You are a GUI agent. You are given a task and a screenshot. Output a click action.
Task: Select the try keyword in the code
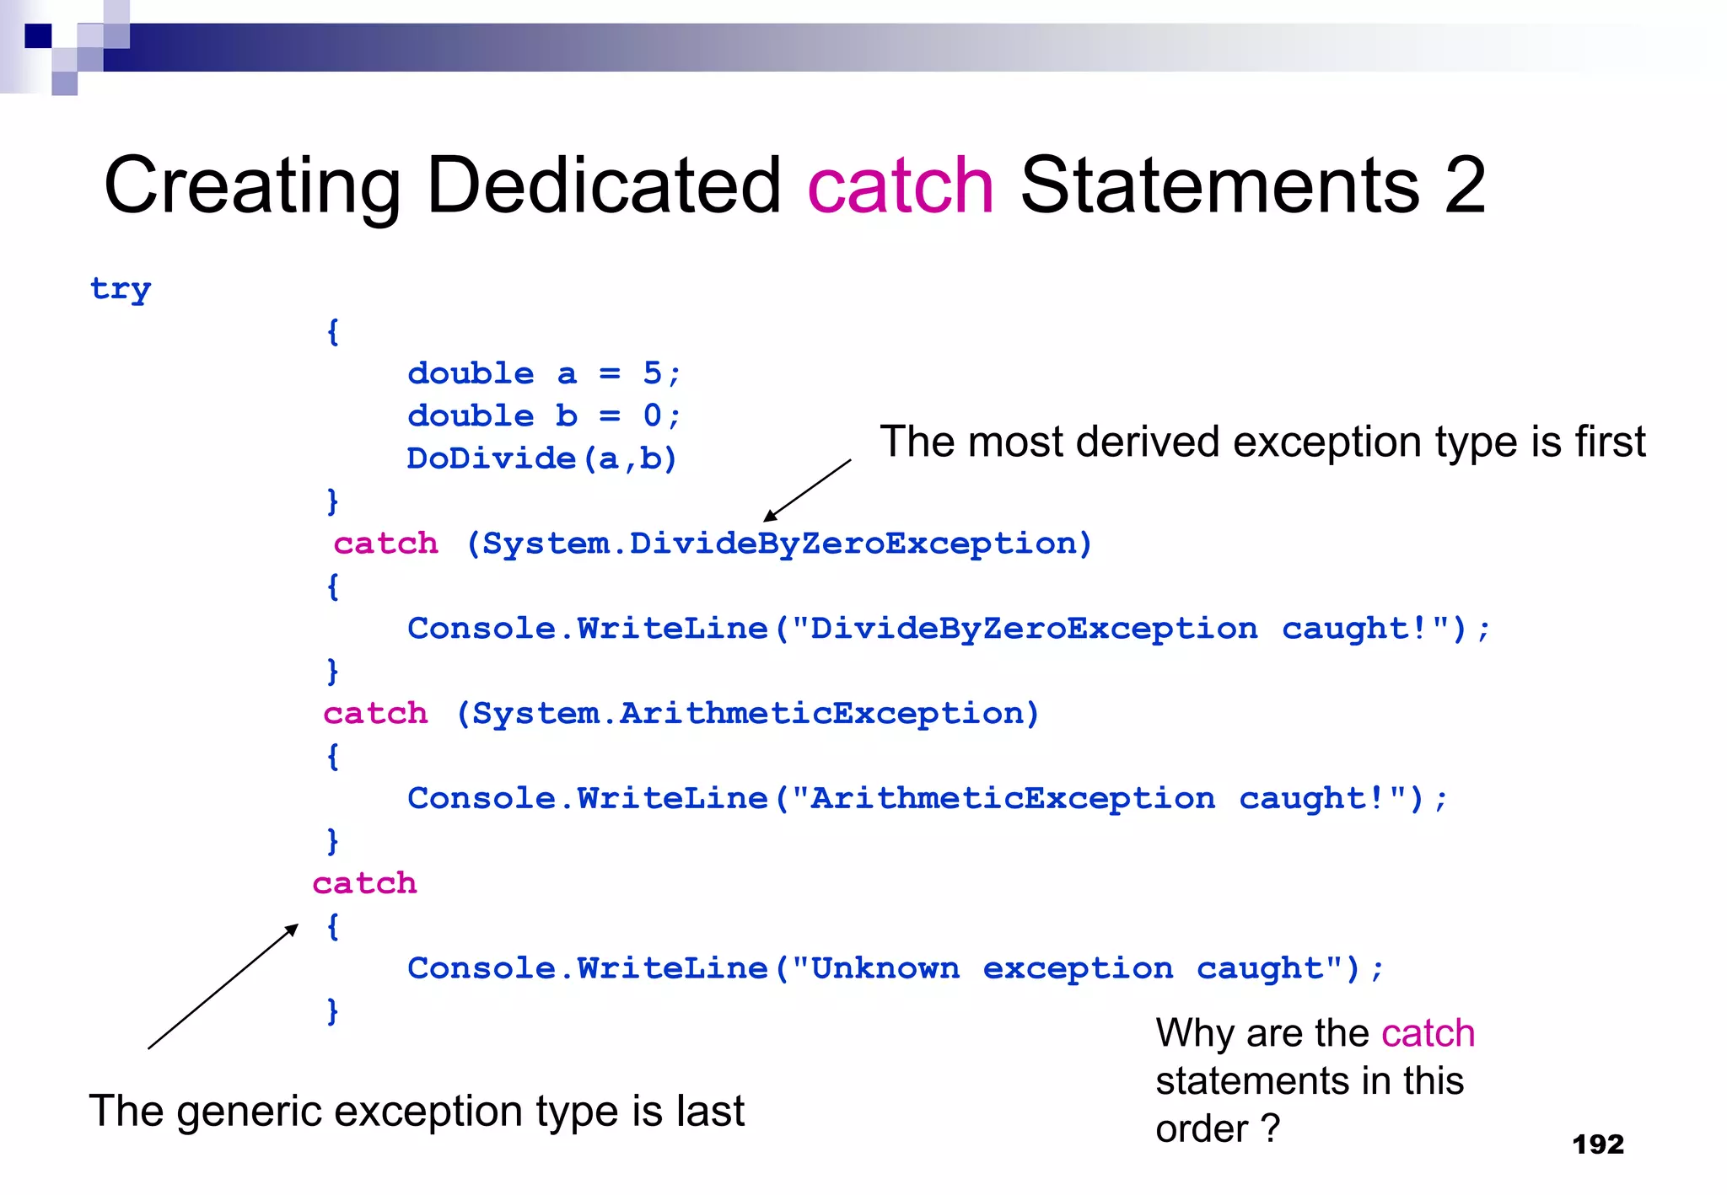pos(121,289)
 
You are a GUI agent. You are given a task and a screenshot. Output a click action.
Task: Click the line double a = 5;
pos(544,373)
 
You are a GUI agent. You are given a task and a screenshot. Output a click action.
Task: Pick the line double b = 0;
pos(544,415)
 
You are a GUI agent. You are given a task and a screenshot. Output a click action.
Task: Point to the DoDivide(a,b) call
pos(542,458)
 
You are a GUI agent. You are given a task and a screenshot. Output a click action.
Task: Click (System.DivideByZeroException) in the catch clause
pos(779,544)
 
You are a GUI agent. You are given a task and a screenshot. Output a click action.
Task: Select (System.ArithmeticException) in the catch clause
pos(748,714)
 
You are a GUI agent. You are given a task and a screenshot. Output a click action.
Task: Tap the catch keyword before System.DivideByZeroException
pos(386,544)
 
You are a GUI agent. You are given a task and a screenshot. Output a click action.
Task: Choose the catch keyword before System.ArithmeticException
pos(376,714)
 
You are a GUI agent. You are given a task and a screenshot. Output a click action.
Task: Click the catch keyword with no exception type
pos(365,883)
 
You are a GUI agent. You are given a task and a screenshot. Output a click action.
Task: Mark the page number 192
pos(1598,1144)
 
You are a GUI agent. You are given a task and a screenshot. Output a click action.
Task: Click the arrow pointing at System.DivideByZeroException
pos(806,491)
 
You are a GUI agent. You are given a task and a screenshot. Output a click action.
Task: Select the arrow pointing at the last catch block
pos(223,987)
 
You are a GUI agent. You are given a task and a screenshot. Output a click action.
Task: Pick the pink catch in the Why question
pos(1428,1033)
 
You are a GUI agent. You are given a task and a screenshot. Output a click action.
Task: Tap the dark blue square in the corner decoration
pos(39,36)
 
